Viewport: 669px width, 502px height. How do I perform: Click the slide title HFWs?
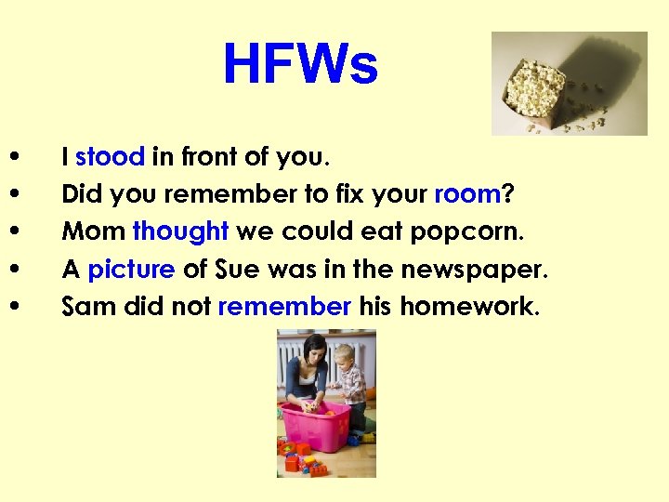300,66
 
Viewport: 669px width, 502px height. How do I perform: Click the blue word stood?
110,157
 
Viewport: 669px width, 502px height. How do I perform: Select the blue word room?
467,194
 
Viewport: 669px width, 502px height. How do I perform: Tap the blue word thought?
180,231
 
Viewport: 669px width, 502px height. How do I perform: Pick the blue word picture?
131,270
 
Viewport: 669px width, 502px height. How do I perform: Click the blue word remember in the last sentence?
284,306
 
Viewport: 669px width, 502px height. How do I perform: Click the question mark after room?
508,194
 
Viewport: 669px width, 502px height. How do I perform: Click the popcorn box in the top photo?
535,88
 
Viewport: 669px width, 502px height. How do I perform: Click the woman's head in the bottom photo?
310,350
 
